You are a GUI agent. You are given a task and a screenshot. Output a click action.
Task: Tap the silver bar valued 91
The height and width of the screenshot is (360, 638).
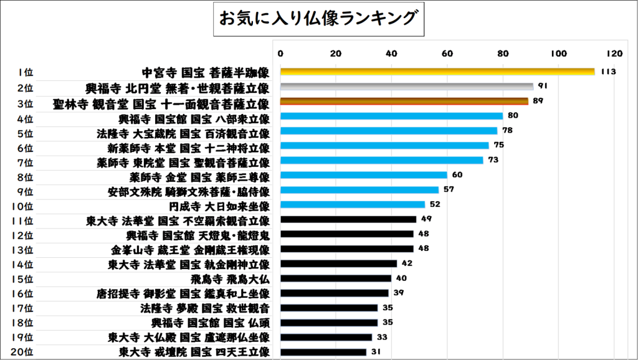pos(407,87)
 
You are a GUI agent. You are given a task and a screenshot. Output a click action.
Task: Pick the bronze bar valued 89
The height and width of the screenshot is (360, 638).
pos(404,101)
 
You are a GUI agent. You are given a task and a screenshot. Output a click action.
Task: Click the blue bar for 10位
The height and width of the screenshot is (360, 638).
pos(353,204)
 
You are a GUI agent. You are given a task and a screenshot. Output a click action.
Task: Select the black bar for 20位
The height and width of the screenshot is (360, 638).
pos(323,352)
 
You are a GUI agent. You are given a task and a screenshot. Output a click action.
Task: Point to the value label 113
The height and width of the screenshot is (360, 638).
pos(609,72)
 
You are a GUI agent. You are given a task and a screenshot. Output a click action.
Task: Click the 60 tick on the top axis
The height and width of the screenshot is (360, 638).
pos(447,53)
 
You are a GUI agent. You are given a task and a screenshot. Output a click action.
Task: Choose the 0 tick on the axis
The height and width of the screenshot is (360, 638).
pos(280,53)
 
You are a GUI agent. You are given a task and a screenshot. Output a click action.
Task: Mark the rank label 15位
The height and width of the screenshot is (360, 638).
pos(25,278)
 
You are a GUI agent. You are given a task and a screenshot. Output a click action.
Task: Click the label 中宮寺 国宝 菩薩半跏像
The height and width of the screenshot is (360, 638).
pos(206,72)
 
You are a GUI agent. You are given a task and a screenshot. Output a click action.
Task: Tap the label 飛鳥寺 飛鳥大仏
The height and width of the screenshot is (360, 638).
pos(231,278)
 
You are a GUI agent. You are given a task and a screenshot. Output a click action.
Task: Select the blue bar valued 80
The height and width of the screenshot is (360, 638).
pos(391,116)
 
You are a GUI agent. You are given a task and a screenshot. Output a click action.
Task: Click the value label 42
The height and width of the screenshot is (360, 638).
pos(407,263)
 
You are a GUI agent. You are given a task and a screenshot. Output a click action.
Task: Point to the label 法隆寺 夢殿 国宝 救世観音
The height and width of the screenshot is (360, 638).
pos(205,308)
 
